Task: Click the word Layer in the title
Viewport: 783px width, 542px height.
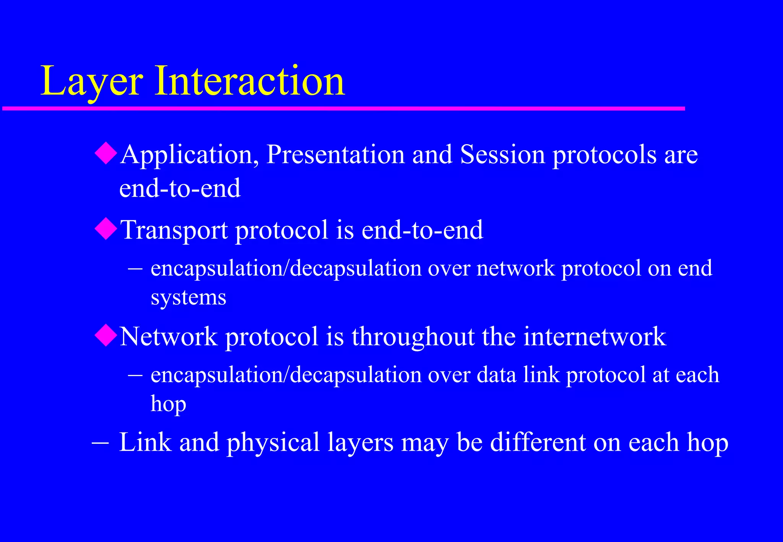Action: tap(92, 81)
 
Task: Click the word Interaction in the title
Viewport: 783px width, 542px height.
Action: tap(250, 81)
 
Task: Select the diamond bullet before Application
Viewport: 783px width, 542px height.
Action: tap(106, 154)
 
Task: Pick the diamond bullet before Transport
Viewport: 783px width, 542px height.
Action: tap(106, 229)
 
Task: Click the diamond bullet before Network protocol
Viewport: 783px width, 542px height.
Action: tap(106, 335)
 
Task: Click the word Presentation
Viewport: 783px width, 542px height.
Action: tap(335, 154)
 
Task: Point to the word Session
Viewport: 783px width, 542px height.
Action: tap(502, 154)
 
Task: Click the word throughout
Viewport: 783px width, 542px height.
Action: tap(413, 337)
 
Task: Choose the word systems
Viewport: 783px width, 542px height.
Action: tap(188, 297)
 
